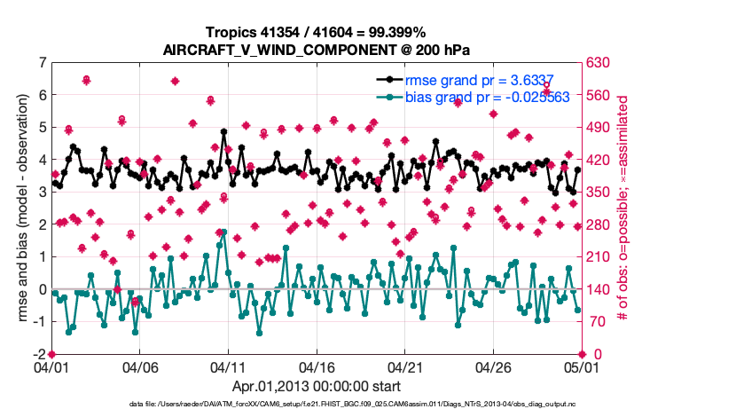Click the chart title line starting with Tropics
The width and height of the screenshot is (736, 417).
tap(315, 32)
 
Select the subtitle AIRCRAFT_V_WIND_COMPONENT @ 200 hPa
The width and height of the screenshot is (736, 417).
tap(315, 49)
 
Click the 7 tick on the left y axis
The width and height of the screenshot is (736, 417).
tap(42, 63)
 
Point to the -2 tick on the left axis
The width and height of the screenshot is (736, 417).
tap(39, 354)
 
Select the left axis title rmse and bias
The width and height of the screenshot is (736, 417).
tap(20, 208)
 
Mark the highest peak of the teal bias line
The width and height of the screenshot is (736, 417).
tap(223, 232)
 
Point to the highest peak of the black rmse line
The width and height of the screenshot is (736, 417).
tap(223, 130)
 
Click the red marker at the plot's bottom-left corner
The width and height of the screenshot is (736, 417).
tap(52, 354)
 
